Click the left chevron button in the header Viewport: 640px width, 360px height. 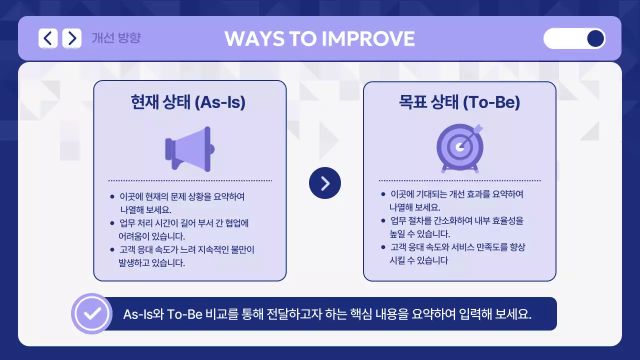point(48,38)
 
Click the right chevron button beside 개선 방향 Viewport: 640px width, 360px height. point(72,38)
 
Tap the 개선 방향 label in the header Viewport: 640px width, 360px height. point(116,38)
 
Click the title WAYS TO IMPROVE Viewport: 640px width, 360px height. point(319,39)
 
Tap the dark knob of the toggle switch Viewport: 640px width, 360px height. point(595,38)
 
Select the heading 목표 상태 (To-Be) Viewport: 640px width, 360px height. point(459,102)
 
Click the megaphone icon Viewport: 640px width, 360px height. point(189,148)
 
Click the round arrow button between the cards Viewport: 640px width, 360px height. point(325,183)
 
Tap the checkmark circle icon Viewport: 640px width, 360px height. point(91,313)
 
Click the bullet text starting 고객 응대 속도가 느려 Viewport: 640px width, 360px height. point(186,256)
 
